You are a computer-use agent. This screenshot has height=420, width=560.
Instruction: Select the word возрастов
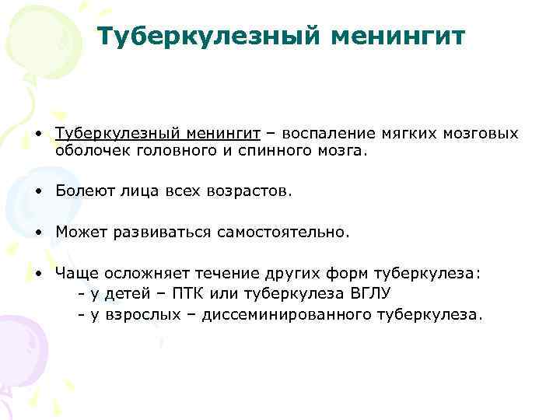coord(252,191)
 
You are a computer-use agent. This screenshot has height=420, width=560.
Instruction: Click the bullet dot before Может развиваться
coord(38,233)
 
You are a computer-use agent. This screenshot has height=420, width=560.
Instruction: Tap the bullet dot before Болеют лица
coord(38,191)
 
